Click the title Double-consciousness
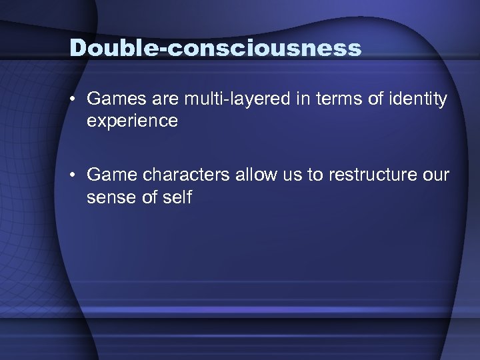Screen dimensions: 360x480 [215, 48]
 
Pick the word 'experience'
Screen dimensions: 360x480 [132, 121]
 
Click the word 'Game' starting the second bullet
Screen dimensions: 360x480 [109, 175]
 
